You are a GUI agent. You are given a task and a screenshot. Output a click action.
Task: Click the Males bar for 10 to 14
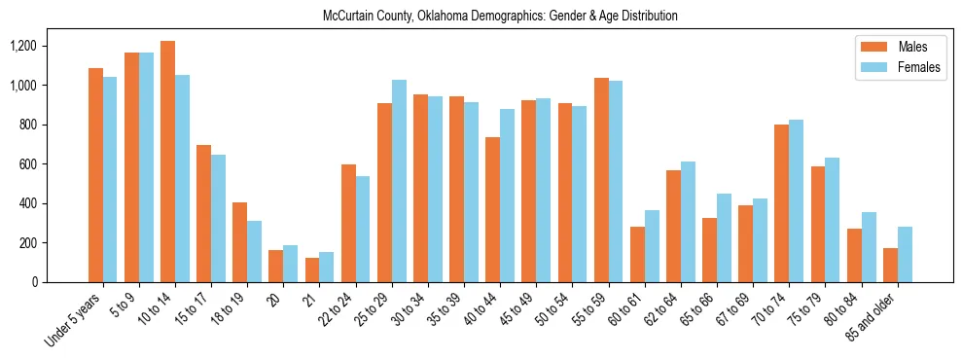click(x=168, y=162)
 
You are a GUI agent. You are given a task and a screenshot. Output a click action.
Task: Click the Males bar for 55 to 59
click(x=601, y=180)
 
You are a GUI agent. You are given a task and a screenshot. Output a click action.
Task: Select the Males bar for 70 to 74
click(x=782, y=203)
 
